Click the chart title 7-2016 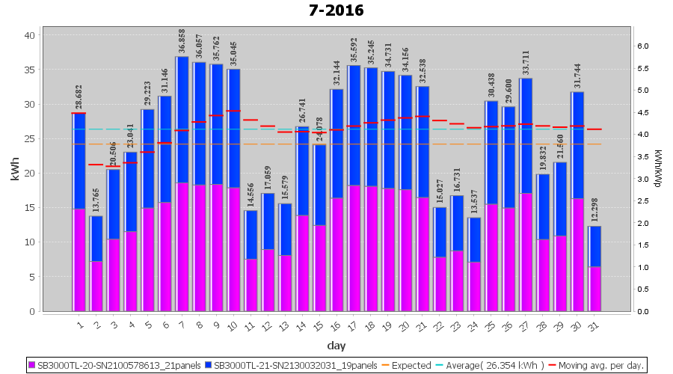click(x=336, y=10)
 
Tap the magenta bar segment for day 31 click(x=594, y=289)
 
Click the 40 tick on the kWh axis click(x=28, y=35)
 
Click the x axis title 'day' click(x=336, y=346)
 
